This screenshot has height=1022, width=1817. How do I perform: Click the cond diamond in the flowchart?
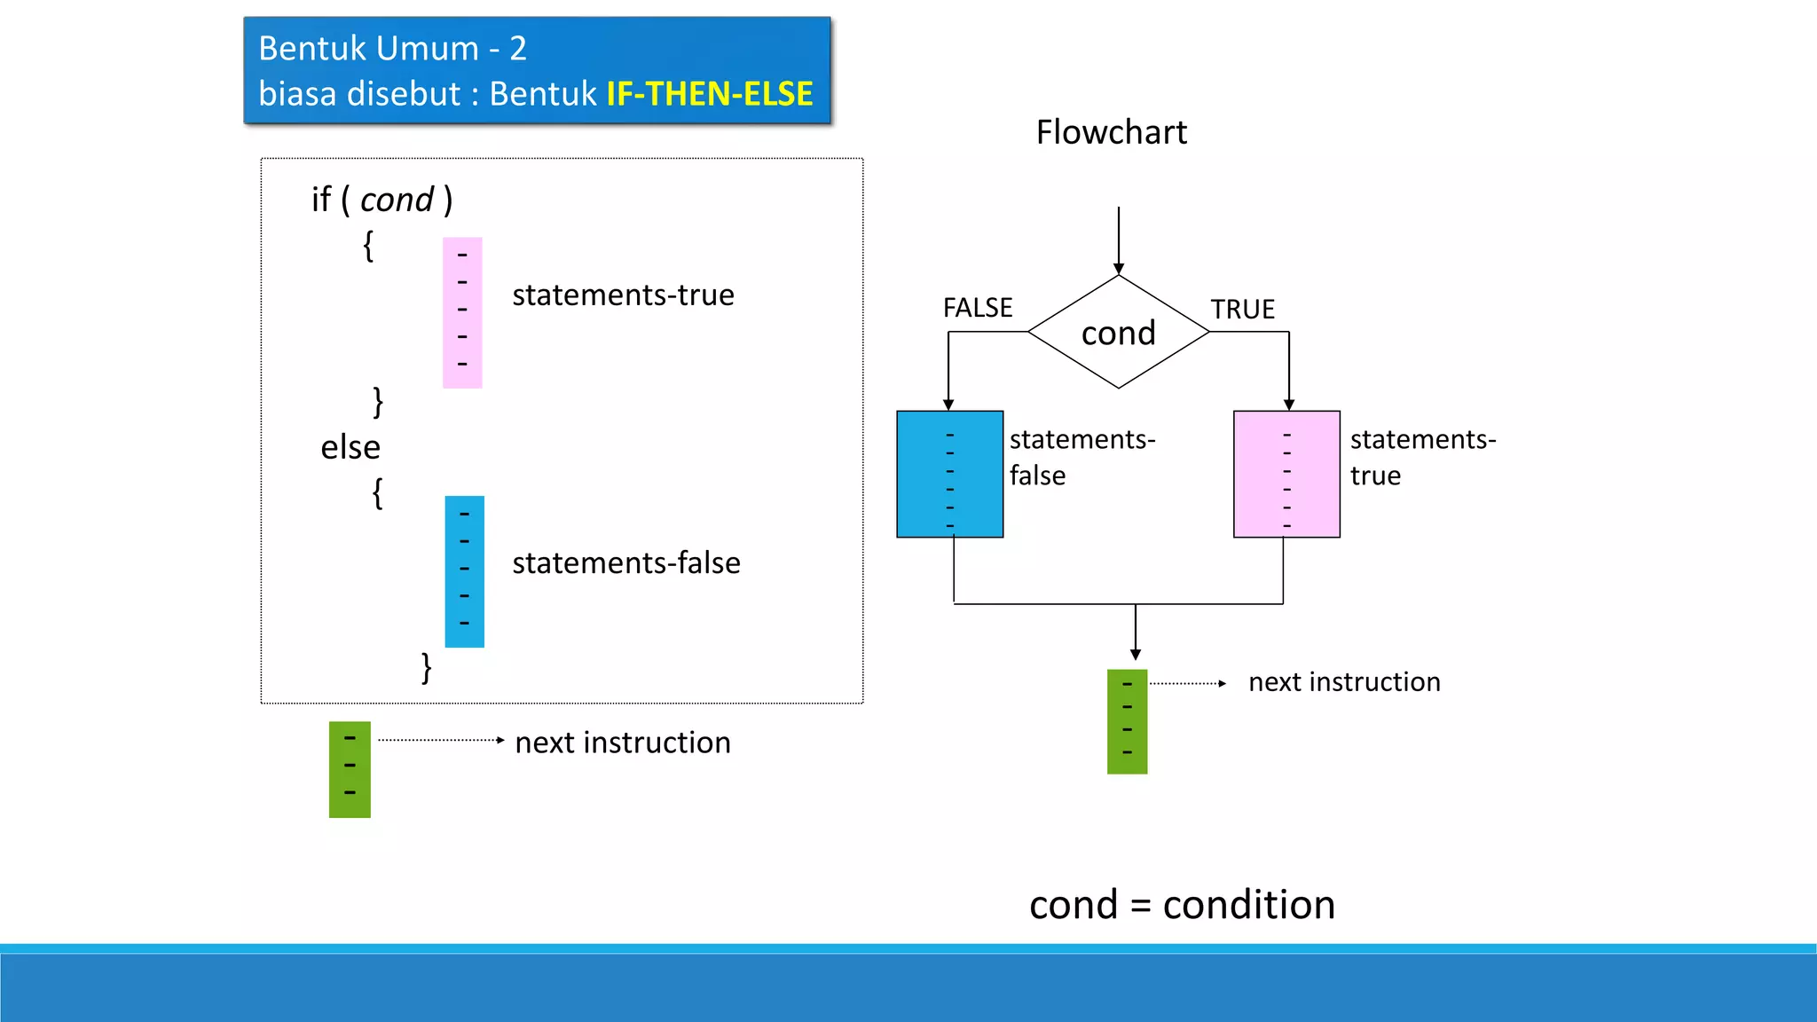(1118, 333)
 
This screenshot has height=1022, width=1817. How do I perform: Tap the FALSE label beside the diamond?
(977, 308)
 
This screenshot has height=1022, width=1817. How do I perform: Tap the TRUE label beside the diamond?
(1242, 310)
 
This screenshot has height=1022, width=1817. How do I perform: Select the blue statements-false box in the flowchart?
(949, 475)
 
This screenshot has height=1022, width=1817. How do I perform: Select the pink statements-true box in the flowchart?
(1286, 475)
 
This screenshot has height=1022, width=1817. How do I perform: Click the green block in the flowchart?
(1127, 721)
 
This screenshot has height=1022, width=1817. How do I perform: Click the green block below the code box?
(350, 769)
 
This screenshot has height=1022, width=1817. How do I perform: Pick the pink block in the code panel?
(462, 312)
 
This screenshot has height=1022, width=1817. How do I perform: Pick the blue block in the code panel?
(464, 571)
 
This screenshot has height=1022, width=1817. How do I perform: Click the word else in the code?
(350, 447)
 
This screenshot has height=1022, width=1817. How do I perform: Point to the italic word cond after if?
(397, 200)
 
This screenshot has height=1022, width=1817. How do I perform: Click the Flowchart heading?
(1111, 132)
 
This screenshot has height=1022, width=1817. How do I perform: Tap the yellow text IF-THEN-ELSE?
(709, 94)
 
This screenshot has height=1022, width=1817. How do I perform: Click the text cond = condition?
(1181, 905)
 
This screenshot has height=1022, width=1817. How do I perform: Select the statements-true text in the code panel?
(623, 295)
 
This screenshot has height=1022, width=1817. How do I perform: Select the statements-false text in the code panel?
(625, 563)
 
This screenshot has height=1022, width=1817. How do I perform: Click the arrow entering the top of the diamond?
(1118, 240)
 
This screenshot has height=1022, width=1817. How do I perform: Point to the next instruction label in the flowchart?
(1343, 682)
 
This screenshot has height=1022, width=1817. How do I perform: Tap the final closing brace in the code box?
(426, 666)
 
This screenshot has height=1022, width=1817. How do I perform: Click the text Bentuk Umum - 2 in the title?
(392, 49)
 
